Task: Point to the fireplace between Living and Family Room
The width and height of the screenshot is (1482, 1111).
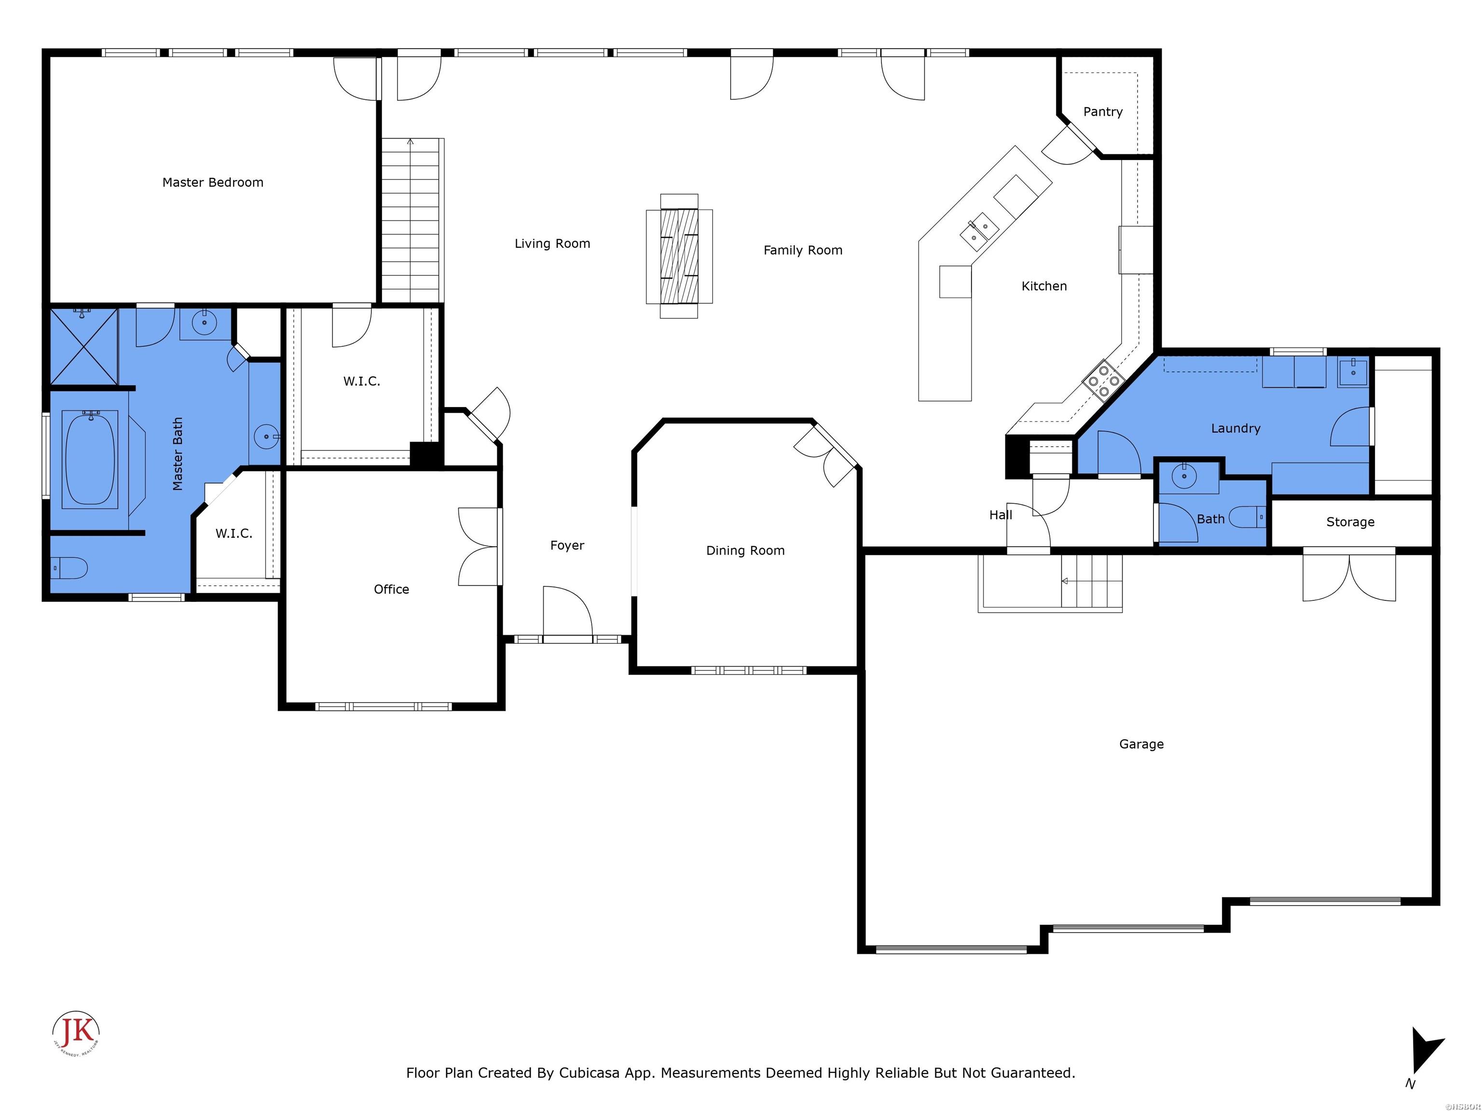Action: pyautogui.click(x=679, y=256)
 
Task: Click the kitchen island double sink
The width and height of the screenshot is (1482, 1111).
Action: pyautogui.click(x=979, y=231)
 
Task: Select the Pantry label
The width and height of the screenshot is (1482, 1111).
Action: pyautogui.click(x=1102, y=112)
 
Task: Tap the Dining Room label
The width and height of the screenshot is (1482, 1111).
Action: pyautogui.click(x=745, y=551)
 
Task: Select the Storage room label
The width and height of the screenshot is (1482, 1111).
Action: pyautogui.click(x=1350, y=522)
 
